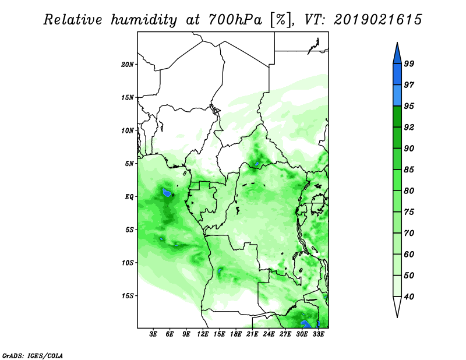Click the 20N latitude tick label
[128, 65]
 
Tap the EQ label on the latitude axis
[129, 197]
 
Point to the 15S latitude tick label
[128, 296]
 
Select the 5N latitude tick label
[129, 164]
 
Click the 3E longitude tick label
[153, 334]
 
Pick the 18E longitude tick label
[236, 334]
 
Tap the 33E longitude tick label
[318, 334]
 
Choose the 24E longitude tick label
[269, 334]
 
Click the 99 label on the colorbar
[409, 63]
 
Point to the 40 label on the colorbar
[409, 297]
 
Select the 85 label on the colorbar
[409, 170]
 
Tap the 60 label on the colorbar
[409, 254]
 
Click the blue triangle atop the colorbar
[397, 55]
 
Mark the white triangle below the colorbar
[397, 305]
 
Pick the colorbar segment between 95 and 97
[397, 96]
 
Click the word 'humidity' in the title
[144, 20]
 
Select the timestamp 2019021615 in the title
[378, 20]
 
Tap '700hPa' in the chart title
[235, 20]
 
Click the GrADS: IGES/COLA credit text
[33, 355]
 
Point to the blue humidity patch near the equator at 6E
[167, 193]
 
